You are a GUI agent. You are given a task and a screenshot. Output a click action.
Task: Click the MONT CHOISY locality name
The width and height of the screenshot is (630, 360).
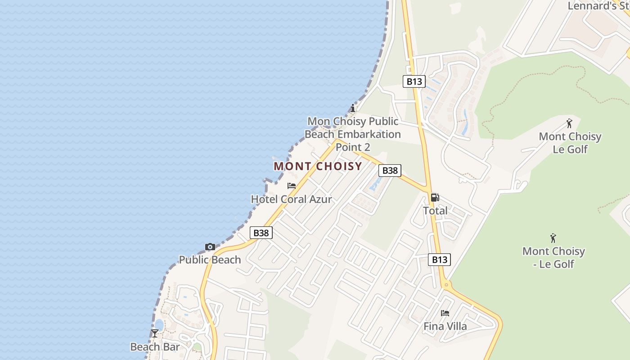click(x=318, y=166)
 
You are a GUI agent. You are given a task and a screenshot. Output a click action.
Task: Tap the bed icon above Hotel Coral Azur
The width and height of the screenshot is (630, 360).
click(x=292, y=186)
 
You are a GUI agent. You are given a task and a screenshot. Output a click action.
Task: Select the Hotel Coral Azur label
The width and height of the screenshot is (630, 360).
click(x=291, y=199)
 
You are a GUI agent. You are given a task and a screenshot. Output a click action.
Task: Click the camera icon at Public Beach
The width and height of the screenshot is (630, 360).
click(x=210, y=247)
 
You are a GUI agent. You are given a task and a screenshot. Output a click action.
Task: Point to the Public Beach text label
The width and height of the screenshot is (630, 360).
click(x=210, y=260)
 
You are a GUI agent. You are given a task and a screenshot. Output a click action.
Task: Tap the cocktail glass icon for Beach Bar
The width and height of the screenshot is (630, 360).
click(x=155, y=333)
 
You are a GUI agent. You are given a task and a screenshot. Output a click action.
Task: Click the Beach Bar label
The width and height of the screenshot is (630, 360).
click(x=155, y=346)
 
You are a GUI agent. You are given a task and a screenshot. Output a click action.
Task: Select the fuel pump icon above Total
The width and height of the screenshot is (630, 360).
click(x=435, y=197)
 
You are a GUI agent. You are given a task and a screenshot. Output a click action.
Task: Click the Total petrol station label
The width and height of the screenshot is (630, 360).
click(x=435, y=211)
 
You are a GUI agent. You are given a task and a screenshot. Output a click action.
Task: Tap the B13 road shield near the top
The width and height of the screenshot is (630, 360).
click(x=414, y=81)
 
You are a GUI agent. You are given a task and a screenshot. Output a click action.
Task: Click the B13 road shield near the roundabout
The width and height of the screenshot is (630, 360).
click(x=439, y=259)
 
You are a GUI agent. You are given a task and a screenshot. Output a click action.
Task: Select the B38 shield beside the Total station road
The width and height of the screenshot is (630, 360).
click(x=390, y=171)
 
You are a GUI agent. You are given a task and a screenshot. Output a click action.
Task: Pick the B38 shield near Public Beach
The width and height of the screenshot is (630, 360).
click(x=261, y=233)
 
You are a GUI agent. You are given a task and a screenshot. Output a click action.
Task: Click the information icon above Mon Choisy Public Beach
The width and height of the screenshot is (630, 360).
click(x=353, y=108)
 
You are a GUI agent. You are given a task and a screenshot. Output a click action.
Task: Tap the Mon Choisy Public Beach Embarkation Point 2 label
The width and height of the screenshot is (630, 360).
click(x=353, y=134)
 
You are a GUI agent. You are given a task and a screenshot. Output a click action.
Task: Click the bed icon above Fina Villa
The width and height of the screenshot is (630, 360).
click(x=445, y=313)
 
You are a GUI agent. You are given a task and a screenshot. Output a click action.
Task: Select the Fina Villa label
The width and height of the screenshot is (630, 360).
click(x=445, y=326)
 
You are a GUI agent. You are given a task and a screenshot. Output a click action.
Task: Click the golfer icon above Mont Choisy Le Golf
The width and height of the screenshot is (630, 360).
click(x=570, y=123)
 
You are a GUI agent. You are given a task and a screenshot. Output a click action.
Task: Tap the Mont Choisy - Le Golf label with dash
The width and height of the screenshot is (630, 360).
click(x=553, y=257)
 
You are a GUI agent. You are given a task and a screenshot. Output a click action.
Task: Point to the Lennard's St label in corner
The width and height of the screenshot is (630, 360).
click(x=598, y=6)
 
